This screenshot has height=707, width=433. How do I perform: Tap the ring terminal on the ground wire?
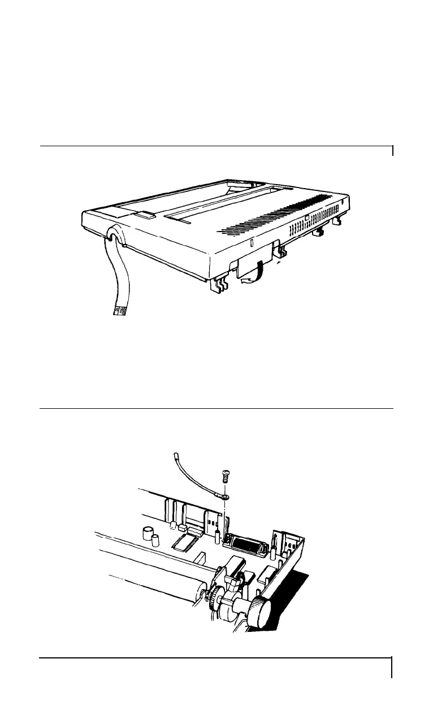(x=224, y=497)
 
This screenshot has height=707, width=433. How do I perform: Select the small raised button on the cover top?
(x=145, y=215)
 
